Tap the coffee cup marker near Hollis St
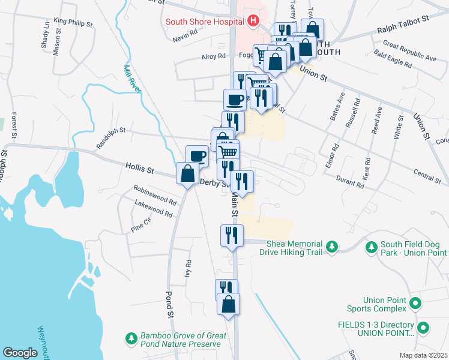pyautogui.click(x=197, y=156)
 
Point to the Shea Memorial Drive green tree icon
pyautogui.click(x=331, y=247)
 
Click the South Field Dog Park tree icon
pyautogui.click(x=372, y=247)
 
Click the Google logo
pyautogui.click(x=20, y=353)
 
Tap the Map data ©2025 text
pyautogui.click(x=423, y=355)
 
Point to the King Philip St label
pyautogui.click(x=73, y=23)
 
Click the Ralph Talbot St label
pyautogui.click(x=402, y=25)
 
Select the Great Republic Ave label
pyautogui.click(x=409, y=51)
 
